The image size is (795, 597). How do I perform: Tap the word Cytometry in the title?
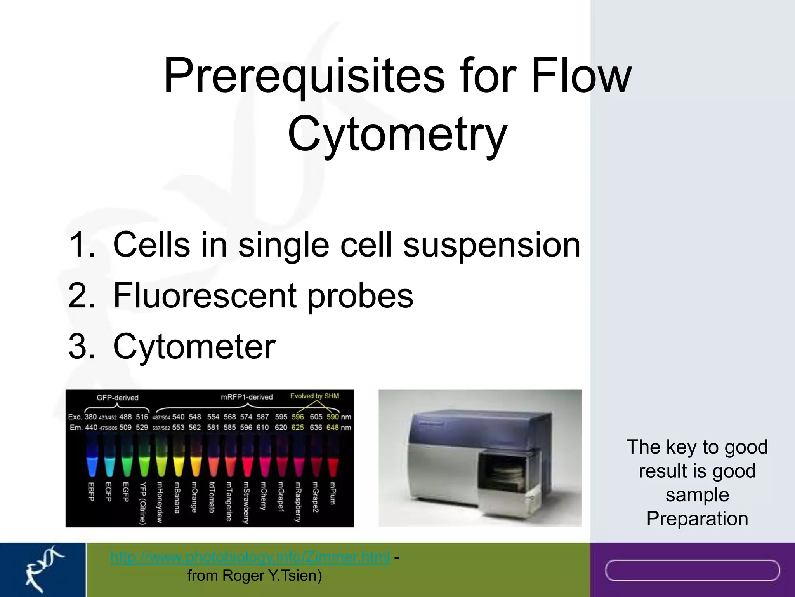coord(397,134)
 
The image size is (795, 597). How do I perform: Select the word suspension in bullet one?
coord(491,244)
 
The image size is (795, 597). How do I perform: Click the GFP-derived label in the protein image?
coord(117,398)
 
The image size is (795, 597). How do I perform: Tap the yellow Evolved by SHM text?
coord(314,396)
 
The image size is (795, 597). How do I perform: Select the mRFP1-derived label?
coord(246,397)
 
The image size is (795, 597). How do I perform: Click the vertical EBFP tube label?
coord(91,492)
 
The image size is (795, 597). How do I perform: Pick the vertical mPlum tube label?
coord(332,494)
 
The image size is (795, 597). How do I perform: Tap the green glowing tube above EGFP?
coord(127,464)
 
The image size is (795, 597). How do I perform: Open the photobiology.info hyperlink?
coord(250,557)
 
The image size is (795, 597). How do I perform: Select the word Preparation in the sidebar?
coord(697,518)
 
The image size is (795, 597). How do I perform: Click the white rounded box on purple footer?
coord(692,570)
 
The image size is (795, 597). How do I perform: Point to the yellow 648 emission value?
coord(332,428)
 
